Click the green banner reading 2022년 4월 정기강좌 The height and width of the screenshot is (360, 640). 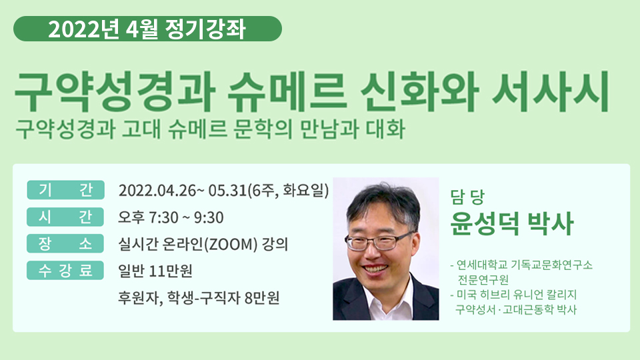click(x=147, y=29)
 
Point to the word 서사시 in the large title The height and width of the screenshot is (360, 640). click(x=551, y=92)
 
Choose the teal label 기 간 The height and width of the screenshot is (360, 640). click(x=66, y=190)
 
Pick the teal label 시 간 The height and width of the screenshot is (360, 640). click(x=65, y=217)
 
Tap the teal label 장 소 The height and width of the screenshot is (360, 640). click(x=65, y=244)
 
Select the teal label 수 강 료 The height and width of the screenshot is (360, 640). click(x=65, y=270)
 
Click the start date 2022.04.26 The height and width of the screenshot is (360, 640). click(x=157, y=191)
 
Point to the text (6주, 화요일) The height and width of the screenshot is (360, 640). click(x=288, y=191)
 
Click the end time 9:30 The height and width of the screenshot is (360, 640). click(x=209, y=217)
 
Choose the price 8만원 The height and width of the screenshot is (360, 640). click(x=262, y=298)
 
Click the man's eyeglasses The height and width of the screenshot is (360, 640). click(x=379, y=241)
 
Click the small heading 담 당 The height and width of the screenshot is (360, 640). click(x=467, y=197)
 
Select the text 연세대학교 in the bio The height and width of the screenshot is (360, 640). click(x=482, y=265)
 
